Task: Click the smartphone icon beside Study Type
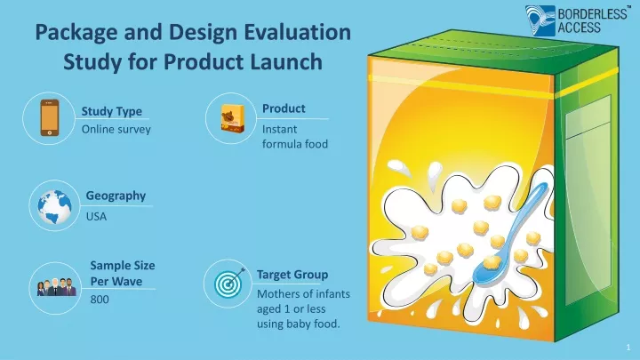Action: (x=50, y=118)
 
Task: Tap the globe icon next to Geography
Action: (x=54, y=206)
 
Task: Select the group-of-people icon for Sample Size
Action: (x=57, y=287)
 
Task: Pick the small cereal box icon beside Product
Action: (x=233, y=118)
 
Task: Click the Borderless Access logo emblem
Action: (x=540, y=20)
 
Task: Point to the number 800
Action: (x=100, y=300)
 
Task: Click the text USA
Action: (x=96, y=216)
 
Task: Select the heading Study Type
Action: (x=112, y=111)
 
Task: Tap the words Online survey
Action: (x=116, y=130)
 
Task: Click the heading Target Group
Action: (x=292, y=275)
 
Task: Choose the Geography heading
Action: (x=116, y=196)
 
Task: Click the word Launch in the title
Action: (x=286, y=61)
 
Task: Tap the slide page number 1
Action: (x=628, y=348)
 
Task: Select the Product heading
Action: (x=284, y=108)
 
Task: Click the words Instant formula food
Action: (x=295, y=137)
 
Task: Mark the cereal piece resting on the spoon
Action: (x=492, y=262)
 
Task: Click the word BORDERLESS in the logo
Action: (x=592, y=14)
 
